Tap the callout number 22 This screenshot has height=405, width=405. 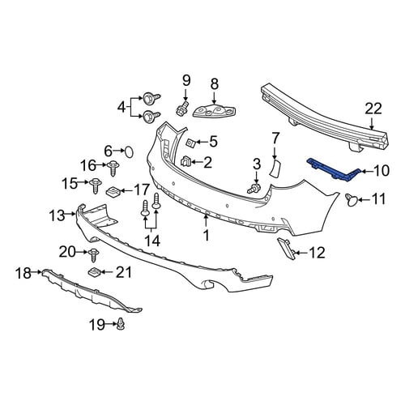[x=373, y=109]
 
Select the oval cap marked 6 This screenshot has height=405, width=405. [x=129, y=152]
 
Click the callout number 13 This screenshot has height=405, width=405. [x=57, y=215]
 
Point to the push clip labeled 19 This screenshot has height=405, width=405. [x=122, y=324]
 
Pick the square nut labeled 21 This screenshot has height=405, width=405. [x=95, y=272]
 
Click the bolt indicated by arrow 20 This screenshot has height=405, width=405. [x=94, y=254]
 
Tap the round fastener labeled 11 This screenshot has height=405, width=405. [x=352, y=200]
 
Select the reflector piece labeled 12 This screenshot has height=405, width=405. [x=287, y=249]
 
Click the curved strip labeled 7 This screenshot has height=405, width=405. [x=275, y=168]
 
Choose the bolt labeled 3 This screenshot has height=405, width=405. [x=254, y=188]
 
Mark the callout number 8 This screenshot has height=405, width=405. [x=214, y=84]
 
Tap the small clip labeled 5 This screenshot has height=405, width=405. [x=191, y=142]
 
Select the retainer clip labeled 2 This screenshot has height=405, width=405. [x=185, y=161]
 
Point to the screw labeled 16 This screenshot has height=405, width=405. [x=113, y=168]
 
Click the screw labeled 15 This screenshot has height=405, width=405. [x=96, y=185]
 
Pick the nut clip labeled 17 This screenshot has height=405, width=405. [x=113, y=192]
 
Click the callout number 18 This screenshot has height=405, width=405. [x=23, y=273]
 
